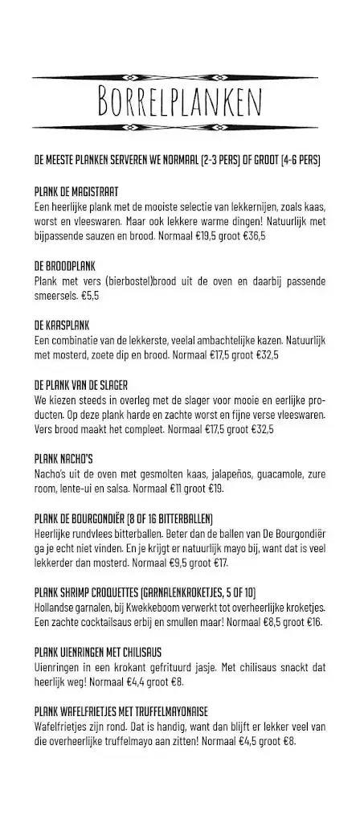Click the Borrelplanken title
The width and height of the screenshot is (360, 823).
pos(180,103)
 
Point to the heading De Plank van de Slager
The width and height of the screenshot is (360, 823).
pos(81,385)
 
